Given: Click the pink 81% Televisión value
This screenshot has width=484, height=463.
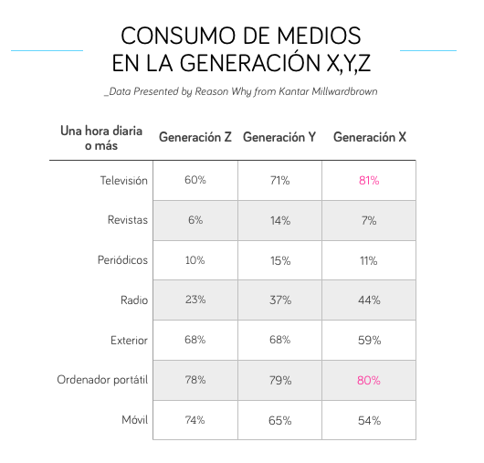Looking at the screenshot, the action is pyautogui.click(x=369, y=180).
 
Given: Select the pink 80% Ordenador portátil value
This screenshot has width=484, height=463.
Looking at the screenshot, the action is pyautogui.click(x=369, y=380).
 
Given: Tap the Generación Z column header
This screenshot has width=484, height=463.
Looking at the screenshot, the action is pyautogui.click(x=195, y=137).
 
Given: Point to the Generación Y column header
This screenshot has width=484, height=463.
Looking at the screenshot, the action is pyautogui.click(x=279, y=137).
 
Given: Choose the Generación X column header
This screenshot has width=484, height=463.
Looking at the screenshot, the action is pyautogui.click(x=370, y=137).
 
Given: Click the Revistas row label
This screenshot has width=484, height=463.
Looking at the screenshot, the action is pyautogui.click(x=128, y=220).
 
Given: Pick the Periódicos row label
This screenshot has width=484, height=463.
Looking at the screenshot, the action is pyautogui.click(x=122, y=260).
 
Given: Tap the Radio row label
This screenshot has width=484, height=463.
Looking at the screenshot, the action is pyautogui.click(x=134, y=300).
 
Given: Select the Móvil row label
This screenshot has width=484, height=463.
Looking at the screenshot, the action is pyautogui.click(x=134, y=420).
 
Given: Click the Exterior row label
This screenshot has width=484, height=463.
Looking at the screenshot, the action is pyautogui.click(x=129, y=340).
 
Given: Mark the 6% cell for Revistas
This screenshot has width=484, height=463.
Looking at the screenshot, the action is pyautogui.click(x=195, y=220).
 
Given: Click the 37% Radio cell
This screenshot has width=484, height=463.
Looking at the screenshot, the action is pyautogui.click(x=280, y=300).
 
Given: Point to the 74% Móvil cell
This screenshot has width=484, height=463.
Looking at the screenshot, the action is pyautogui.click(x=195, y=420).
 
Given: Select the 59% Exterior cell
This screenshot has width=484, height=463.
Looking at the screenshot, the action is pyautogui.click(x=369, y=340).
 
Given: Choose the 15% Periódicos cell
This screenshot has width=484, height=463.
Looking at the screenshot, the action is pyautogui.click(x=280, y=261).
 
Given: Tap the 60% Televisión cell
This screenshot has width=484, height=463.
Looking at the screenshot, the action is pyautogui.click(x=195, y=180).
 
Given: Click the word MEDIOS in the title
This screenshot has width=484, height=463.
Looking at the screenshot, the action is pyautogui.click(x=319, y=36).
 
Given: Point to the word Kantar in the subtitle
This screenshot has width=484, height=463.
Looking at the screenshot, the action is pyautogui.click(x=294, y=91).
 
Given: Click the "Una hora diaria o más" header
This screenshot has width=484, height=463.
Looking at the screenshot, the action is pyautogui.click(x=101, y=138).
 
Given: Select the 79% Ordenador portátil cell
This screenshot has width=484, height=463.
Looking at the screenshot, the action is pyautogui.click(x=280, y=380).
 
